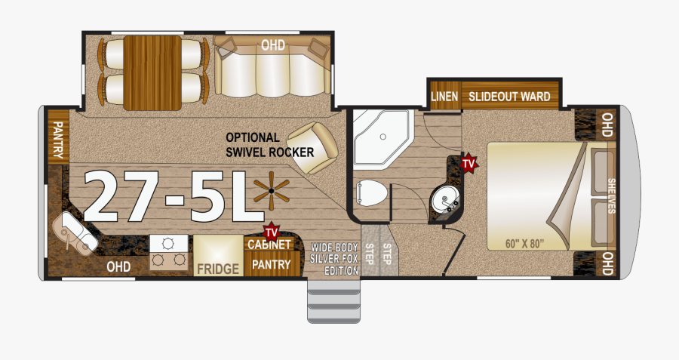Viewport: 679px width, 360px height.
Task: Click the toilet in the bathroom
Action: click(x=371, y=192)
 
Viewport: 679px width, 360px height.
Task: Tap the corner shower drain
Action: click(x=383, y=137)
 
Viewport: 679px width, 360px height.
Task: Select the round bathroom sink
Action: click(x=444, y=201)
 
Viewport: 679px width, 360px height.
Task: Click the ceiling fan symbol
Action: click(x=271, y=191)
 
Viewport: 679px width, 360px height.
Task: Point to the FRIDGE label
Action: click(x=218, y=269)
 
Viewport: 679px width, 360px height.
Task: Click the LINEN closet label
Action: click(x=444, y=96)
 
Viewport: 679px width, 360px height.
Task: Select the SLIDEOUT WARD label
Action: click(x=509, y=96)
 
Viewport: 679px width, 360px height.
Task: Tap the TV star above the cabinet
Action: click(x=271, y=232)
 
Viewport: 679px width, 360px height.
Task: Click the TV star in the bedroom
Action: click(x=468, y=163)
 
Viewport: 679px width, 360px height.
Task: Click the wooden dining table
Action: click(x=152, y=72)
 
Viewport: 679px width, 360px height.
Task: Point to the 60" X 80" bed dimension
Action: click(x=524, y=244)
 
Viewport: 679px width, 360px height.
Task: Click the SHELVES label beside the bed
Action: click(x=611, y=195)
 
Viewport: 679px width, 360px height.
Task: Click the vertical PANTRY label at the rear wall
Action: click(x=57, y=140)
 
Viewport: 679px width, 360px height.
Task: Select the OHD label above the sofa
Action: click(x=273, y=45)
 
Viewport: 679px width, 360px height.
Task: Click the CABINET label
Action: click(x=269, y=245)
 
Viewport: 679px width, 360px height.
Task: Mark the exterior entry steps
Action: click(x=333, y=301)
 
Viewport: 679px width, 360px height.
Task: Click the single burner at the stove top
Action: click(x=168, y=244)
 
